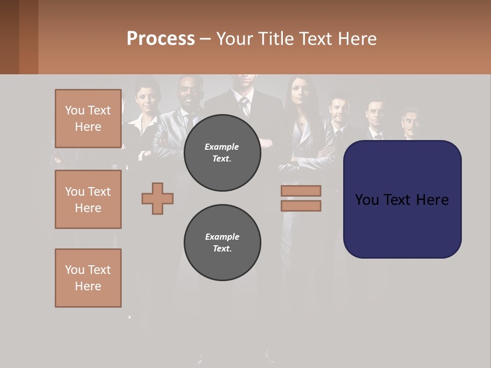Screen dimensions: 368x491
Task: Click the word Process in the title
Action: coord(161,38)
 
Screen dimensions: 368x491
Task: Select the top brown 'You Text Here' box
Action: coord(88,119)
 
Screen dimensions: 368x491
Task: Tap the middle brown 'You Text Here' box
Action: coord(88,199)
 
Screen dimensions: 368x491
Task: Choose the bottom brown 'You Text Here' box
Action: coord(88,278)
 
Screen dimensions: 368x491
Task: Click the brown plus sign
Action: coord(158,198)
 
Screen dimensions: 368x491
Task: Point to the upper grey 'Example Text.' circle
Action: coord(222,153)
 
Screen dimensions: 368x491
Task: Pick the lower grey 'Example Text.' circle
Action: coord(222,243)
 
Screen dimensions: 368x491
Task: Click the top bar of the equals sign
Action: coord(301,191)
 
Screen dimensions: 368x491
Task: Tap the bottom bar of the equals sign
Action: coord(301,206)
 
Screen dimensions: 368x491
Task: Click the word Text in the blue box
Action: coord(397,200)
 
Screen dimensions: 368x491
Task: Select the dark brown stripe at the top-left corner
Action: coord(9,37)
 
